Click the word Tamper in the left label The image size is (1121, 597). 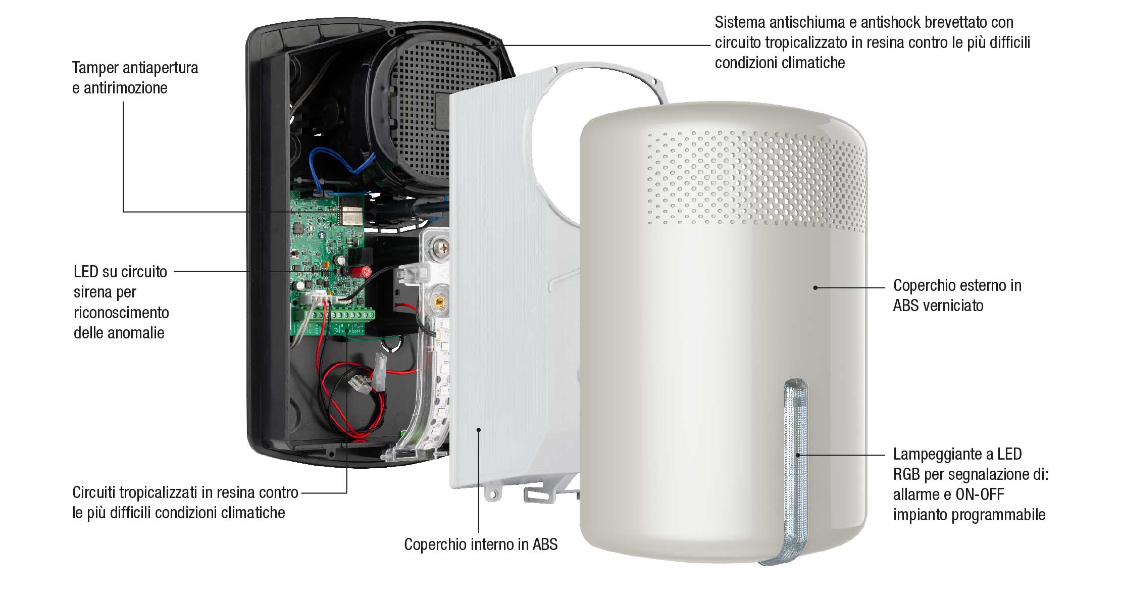[x=95, y=68]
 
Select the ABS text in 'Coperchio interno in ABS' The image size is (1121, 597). [x=545, y=544]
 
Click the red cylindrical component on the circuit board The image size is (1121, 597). [x=365, y=272]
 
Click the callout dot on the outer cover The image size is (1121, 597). [x=815, y=288]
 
